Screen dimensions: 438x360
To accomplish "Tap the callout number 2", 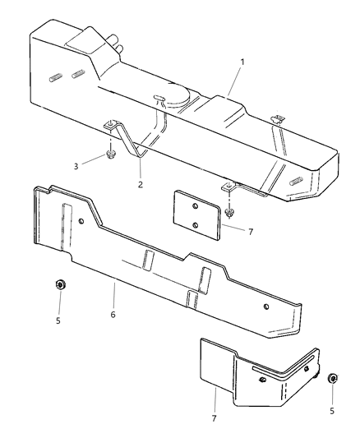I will tap(141, 184).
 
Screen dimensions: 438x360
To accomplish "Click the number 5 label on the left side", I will tap(58, 320).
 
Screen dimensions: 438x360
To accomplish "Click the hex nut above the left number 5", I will tap(59, 286).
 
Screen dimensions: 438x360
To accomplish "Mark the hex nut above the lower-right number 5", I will tap(332, 379).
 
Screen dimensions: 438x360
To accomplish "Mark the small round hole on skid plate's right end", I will tap(266, 307).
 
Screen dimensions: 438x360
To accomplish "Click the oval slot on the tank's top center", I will tap(159, 99).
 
